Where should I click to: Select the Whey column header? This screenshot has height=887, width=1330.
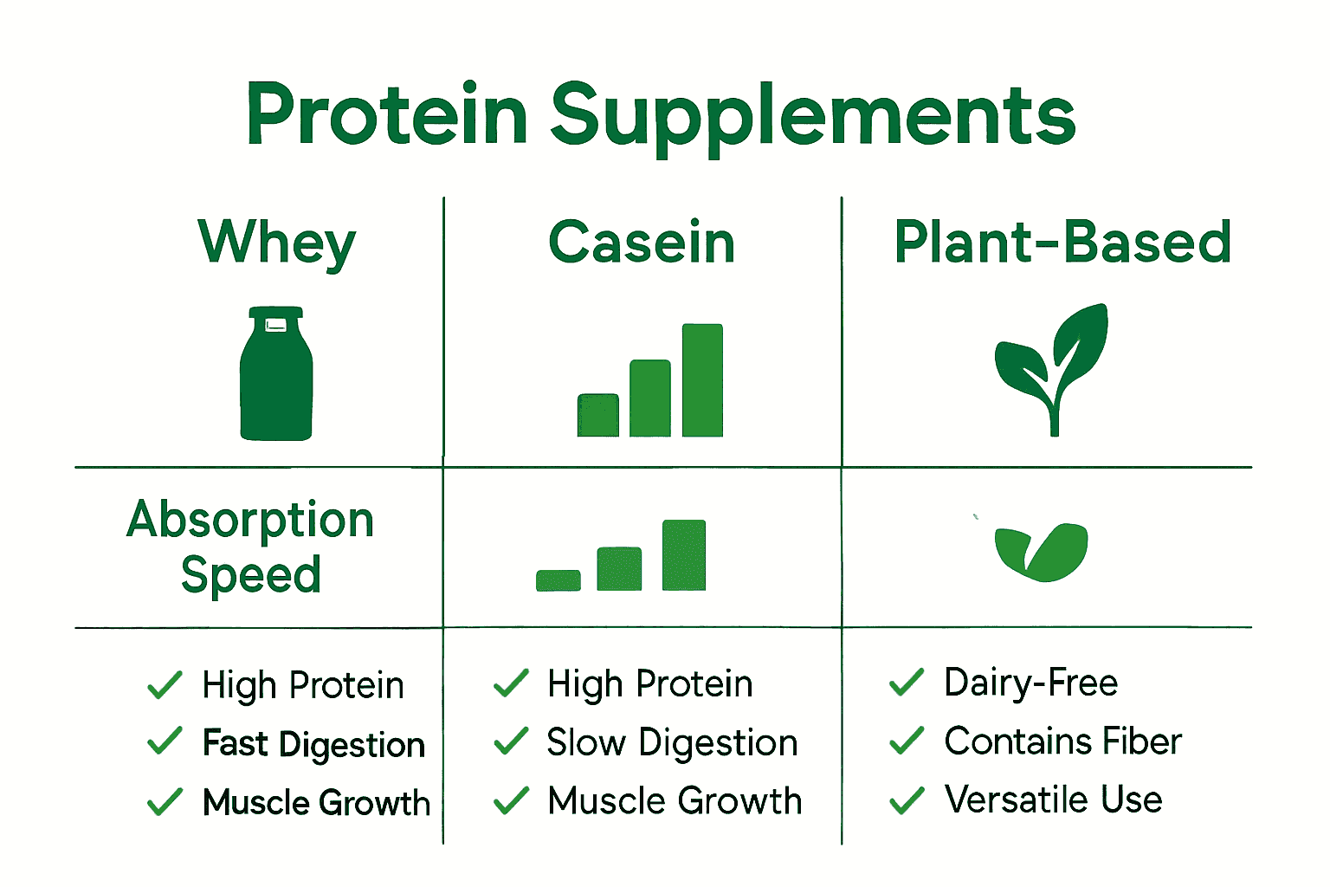click(x=277, y=244)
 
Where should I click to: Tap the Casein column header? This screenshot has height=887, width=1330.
click(x=642, y=241)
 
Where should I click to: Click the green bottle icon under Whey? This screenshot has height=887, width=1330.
click(x=276, y=373)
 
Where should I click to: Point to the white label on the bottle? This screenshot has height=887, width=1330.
click(x=275, y=325)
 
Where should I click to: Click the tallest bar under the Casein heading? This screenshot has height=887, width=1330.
click(x=702, y=380)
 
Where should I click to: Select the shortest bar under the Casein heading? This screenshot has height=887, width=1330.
click(x=598, y=415)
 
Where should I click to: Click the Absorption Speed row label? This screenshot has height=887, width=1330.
click(x=250, y=547)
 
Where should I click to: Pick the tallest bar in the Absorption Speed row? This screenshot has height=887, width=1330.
click(x=684, y=555)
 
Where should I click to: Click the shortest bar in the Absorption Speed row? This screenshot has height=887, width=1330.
click(x=558, y=580)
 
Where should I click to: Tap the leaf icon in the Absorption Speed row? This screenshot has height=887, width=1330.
click(x=1042, y=552)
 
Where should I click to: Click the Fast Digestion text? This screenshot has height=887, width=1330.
click(x=314, y=744)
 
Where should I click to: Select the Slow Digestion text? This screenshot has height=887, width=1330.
click(x=672, y=742)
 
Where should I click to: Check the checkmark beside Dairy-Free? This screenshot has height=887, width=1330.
click(x=907, y=682)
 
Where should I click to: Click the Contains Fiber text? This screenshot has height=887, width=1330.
click(x=1062, y=741)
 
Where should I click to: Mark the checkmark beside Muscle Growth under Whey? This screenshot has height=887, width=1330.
click(x=165, y=802)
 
